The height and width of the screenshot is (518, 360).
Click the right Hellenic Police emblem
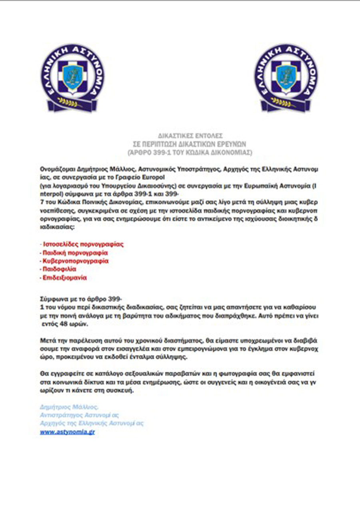tap(286, 78)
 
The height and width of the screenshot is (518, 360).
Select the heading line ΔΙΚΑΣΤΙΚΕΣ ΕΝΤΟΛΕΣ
tap(184, 136)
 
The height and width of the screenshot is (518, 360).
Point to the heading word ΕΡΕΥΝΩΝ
tap(233, 144)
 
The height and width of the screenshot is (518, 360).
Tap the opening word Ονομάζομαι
tap(57, 169)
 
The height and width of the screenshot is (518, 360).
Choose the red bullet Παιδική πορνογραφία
tap(76, 253)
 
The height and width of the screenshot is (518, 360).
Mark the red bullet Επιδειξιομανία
tap(65, 278)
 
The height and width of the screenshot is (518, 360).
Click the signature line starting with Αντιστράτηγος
tap(80, 415)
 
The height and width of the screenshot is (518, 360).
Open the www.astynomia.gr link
tap(68, 432)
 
